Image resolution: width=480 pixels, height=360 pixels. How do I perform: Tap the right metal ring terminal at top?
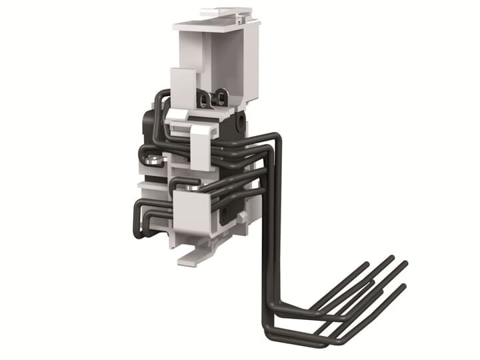(x=217, y=101)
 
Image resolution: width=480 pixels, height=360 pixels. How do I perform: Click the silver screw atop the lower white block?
(x=193, y=189)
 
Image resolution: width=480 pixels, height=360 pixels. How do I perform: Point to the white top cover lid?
(x=216, y=24)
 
